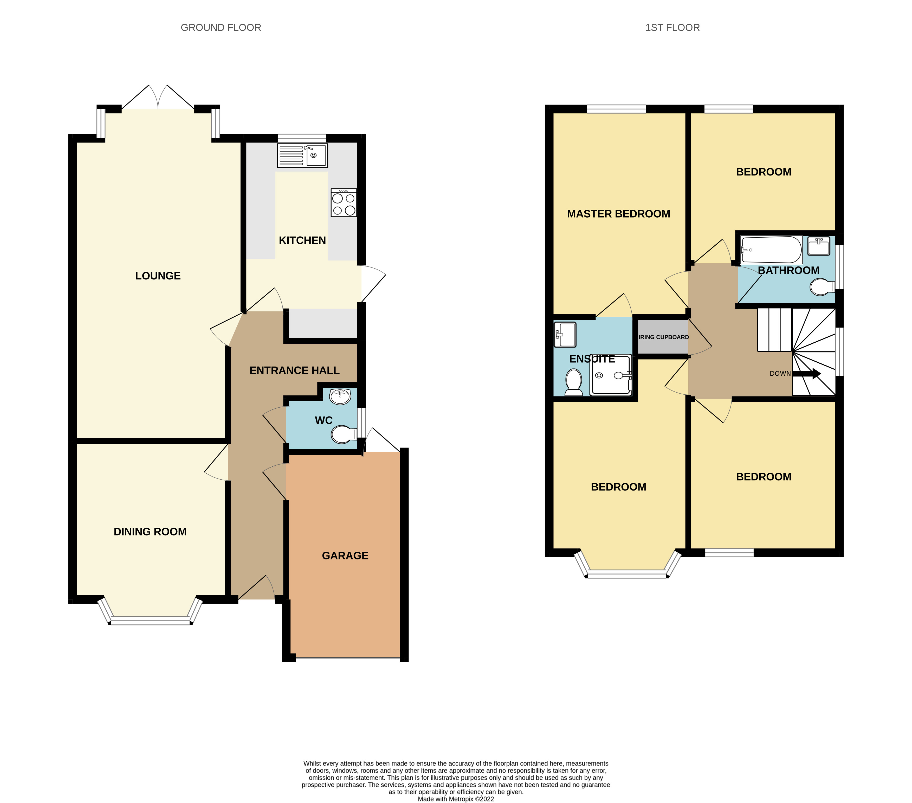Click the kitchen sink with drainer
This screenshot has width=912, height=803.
[x=302, y=155]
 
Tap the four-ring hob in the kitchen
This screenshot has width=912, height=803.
[x=344, y=203]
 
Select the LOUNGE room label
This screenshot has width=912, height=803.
[x=158, y=276]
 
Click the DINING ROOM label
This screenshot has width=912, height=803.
[x=150, y=532]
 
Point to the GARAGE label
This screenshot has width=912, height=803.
[x=345, y=556]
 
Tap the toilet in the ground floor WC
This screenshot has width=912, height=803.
[x=344, y=434]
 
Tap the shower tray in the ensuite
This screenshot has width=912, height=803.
[x=611, y=375]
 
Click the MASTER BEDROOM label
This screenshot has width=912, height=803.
[x=618, y=214]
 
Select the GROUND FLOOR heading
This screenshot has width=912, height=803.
[x=221, y=28]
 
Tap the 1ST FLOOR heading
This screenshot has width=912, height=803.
[x=672, y=28]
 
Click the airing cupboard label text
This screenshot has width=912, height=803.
[x=663, y=337]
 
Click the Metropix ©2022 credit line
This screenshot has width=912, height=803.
[x=456, y=799]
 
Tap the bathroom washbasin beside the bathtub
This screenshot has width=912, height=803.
[x=819, y=246]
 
